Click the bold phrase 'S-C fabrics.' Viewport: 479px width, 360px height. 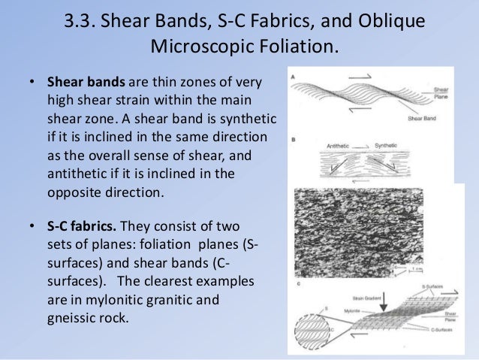point(83,225)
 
